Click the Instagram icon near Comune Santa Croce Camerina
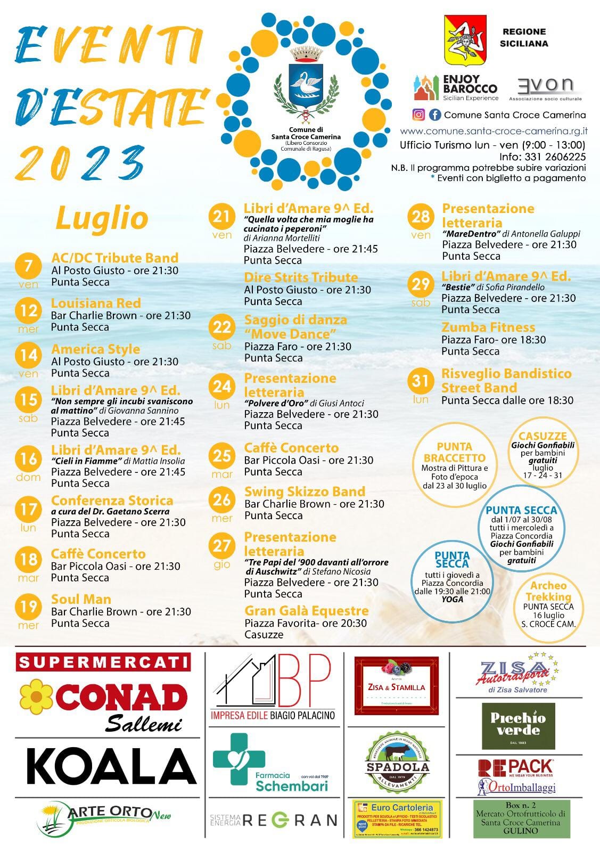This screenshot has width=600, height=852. coord(419,114)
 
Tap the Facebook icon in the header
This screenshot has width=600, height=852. coord(435,114)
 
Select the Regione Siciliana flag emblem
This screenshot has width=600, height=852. coord(465,40)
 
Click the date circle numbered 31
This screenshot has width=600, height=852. coord(421,381)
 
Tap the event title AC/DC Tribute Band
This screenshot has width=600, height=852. coord(114,258)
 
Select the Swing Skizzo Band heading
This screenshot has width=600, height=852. coord(305,491)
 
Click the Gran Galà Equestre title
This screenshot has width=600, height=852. coord(307,611)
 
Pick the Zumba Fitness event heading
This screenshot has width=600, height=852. coord(488,327)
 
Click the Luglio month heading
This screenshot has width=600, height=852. coord(102,218)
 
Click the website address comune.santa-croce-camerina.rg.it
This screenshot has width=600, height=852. coord(494,131)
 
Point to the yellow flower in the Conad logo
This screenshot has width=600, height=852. coord(36,696)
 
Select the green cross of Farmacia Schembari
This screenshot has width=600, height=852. coord(239,759)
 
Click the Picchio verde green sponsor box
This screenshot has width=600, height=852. coord(518,725)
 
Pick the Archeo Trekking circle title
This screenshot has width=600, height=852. coord(548,591)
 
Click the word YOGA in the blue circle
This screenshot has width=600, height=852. coord(453,599)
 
